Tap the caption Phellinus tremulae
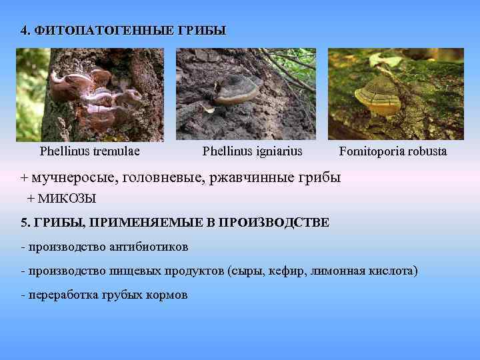[90, 151]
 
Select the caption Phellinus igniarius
[252, 151]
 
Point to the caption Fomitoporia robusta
[393, 151]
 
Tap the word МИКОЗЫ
[67, 198]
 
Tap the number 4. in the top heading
[25, 31]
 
